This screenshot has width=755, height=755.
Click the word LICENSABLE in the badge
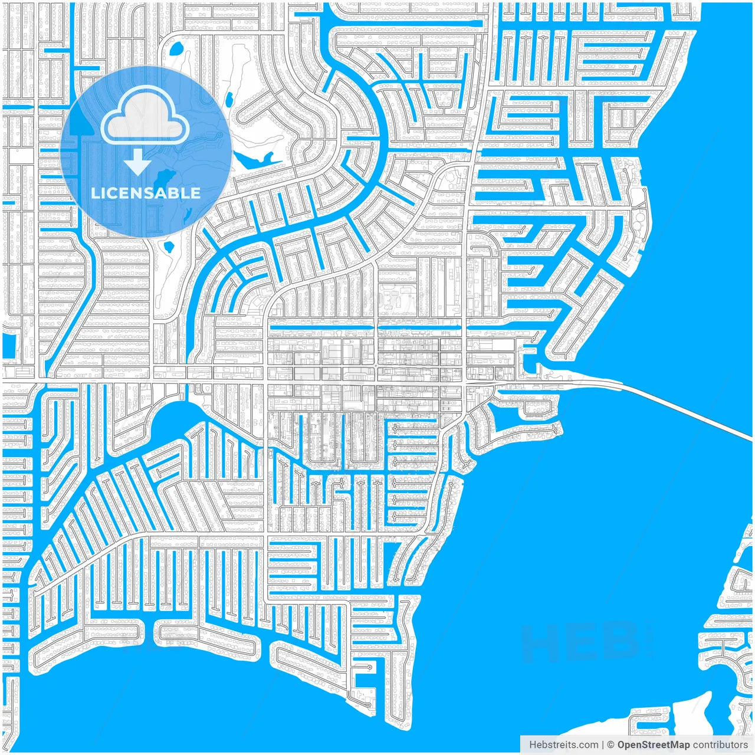[x=146, y=193]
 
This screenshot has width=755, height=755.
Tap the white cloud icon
[x=145, y=119]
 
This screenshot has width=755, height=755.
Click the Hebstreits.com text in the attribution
[x=563, y=745]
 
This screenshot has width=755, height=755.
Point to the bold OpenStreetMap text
[x=654, y=745]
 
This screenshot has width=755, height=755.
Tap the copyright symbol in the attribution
[x=610, y=745]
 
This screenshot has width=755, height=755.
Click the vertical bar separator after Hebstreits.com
[x=602, y=745]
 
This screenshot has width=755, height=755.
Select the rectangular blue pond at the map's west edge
[x=8, y=345]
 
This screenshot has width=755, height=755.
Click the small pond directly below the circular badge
[x=169, y=246]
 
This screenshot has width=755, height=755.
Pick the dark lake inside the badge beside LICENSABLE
[x=163, y=178]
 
